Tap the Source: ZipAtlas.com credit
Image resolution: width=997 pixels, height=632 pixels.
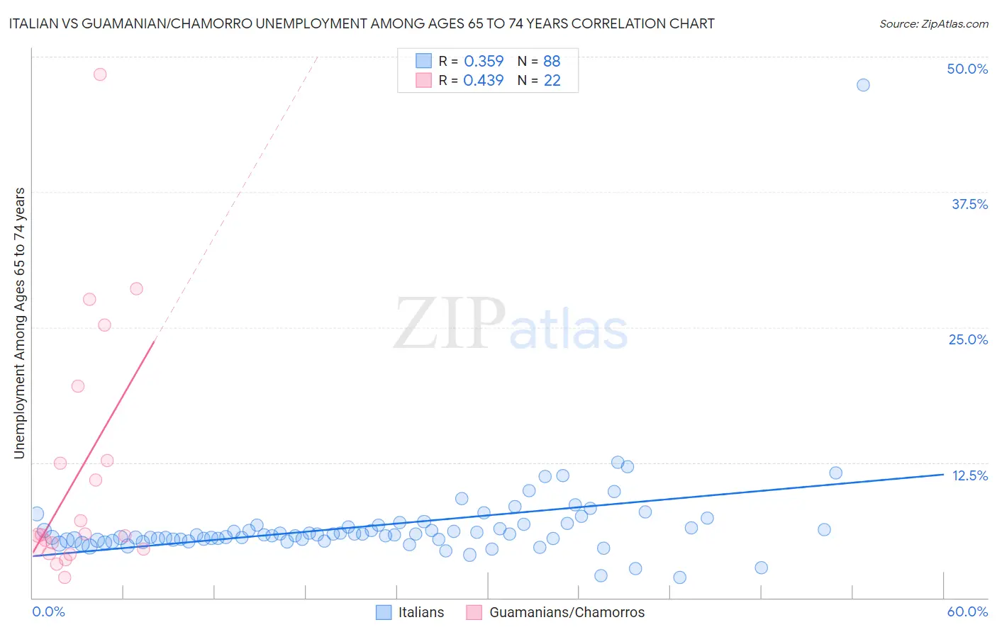point(933,23)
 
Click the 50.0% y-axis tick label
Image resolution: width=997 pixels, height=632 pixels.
point(967,69)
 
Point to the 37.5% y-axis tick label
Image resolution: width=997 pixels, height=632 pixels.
point(969,204)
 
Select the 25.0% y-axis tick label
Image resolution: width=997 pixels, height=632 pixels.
point(968,339)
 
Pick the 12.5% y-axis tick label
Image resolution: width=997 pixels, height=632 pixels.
point(969,475)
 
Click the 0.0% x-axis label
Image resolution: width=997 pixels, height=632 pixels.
point(48,611)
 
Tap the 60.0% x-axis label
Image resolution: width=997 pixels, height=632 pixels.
point(967,611)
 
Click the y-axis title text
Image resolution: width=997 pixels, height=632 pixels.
point(20,323)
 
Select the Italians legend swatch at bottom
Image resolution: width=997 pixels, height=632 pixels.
point(384,612)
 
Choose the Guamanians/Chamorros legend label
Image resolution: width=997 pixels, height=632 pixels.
point(567,612)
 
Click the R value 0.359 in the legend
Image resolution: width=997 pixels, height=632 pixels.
point(484,62)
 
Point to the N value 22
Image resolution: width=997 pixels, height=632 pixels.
point(552,81)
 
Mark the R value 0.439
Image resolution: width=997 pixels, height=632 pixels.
point(484,81)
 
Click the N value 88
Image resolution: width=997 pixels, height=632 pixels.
point(552,62)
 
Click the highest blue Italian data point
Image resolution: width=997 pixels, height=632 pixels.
point(863,85)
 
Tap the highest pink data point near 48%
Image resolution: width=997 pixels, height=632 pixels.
point(100,74)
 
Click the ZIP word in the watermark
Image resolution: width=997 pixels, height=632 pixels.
point(449,325)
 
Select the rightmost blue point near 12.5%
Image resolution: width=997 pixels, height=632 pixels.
point(835,473)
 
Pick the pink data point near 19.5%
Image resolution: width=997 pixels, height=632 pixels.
point(78,386)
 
